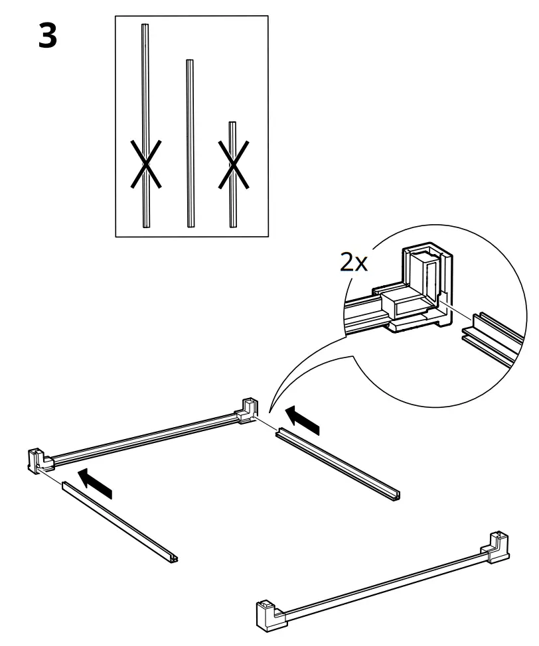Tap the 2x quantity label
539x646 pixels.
click(353, 263)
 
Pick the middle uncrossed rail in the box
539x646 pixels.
click(190, 143)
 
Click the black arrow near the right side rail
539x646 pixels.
click(303, 421)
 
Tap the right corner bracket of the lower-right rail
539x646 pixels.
click(499, 545)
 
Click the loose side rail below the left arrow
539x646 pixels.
click(119, 525)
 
